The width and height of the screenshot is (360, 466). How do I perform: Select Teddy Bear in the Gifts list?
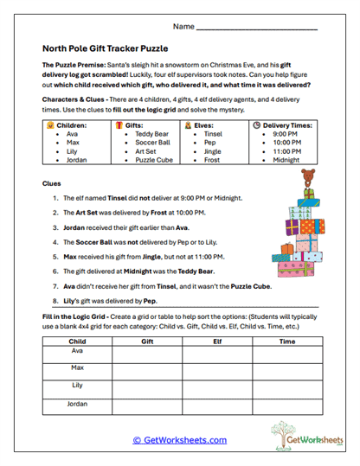(x=151, y=134)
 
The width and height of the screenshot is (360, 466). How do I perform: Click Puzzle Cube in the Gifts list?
(x=154, y=160)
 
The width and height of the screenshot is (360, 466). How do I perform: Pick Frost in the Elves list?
(x=212, y=160)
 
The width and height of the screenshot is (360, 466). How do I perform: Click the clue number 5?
(x=55, y=257)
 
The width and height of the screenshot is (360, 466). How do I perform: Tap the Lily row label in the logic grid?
(x=77, y=386)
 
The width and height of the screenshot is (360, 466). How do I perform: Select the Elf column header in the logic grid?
(x=215, y=341)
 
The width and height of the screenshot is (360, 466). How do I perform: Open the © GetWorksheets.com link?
(x=180, y=440)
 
